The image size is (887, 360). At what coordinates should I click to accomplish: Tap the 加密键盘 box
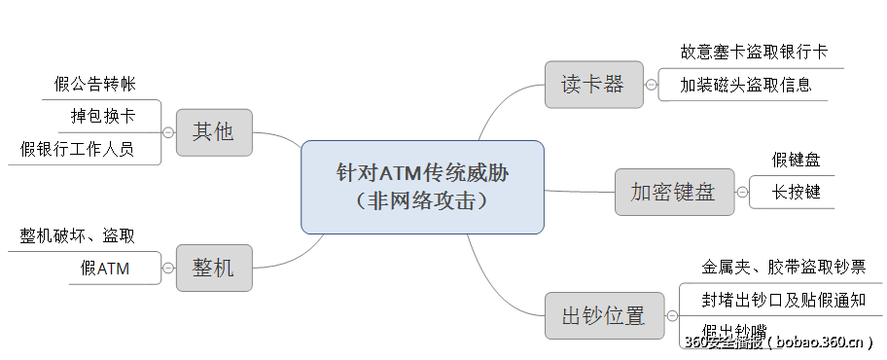672,192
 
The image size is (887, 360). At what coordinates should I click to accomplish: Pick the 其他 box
213,131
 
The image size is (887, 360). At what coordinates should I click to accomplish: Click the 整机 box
213,268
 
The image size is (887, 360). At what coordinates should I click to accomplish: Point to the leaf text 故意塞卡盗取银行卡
754,52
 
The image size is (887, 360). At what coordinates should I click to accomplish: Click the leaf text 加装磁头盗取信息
746,85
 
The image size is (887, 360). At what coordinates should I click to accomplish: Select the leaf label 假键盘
797,160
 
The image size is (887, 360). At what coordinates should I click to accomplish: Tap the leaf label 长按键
797,192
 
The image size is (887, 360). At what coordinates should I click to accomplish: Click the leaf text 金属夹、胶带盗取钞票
782,266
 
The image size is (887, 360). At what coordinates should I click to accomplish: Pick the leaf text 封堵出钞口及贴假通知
783,300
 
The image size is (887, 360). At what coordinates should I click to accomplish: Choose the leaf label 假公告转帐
94,84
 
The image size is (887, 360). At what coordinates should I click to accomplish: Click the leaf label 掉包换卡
103,116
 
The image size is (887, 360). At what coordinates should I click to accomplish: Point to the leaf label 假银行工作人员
77,149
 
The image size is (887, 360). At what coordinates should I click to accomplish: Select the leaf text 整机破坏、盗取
77,235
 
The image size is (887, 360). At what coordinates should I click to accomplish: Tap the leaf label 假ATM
105,269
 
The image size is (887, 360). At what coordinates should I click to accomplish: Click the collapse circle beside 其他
168,132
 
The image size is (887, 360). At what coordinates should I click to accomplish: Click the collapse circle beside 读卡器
651,84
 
